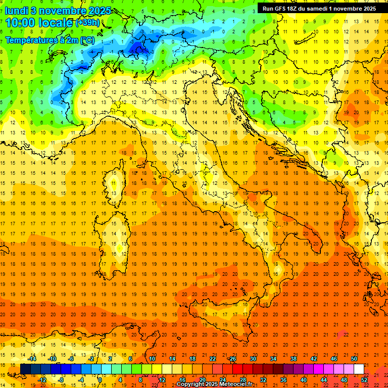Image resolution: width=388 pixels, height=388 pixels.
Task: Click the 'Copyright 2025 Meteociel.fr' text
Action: pos(214,384)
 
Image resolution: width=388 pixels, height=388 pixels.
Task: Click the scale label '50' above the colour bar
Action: pos(354,359)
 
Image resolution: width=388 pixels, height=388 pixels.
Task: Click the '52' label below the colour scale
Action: pos(364,380)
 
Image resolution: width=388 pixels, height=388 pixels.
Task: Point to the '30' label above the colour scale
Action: pos(253,359)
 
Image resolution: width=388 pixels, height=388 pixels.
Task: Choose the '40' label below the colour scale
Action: pos(304,380)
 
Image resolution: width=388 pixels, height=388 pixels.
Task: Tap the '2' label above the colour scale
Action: pos(110,359)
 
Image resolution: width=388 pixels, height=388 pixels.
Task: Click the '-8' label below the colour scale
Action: pos(62,380)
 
